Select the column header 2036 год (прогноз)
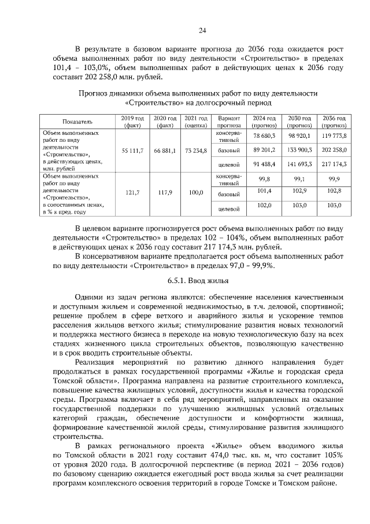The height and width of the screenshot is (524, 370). coord(334,122)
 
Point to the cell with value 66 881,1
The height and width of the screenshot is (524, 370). coord(164,151)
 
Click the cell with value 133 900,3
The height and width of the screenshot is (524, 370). coord(299,150)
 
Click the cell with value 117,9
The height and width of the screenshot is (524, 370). coord(164,195)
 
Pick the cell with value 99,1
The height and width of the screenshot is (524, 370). coord(299,179)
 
